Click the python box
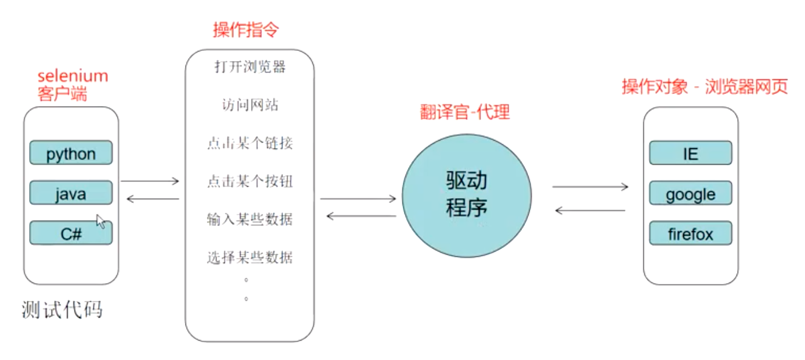(71, 153)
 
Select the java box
(71, 193)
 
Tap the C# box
(71, 233)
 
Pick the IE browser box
(690, 153)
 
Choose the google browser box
(690, 194)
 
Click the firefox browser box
(690, 234)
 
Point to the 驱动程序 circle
(467, 194)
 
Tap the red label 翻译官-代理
(465, 112)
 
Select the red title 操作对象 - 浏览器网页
(705, 87)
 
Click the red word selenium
(73, 76)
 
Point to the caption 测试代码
(62, 310)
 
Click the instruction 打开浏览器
(250, 67)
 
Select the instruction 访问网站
(250, 105)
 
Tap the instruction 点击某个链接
(250, 144)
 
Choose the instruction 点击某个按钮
(250, 181)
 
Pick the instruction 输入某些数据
(250, 219)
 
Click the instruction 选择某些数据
(250, 258)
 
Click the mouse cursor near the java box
(101, 221)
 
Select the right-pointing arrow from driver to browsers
(590, 187)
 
